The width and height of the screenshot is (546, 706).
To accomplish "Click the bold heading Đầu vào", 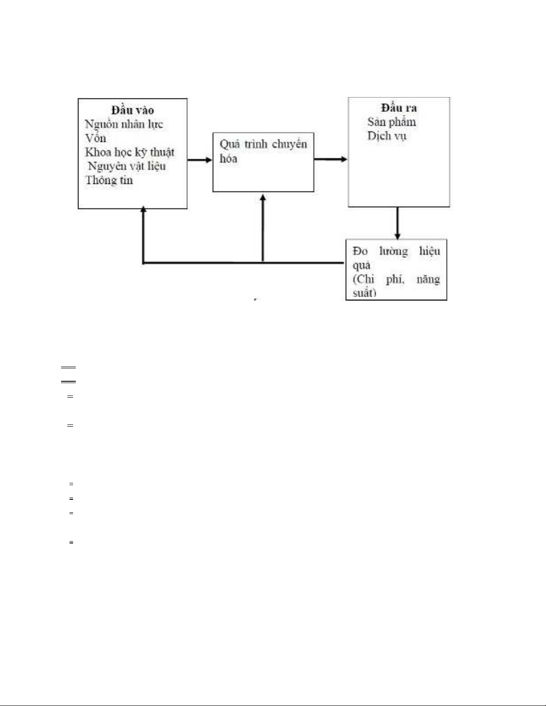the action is pyautogui.click(x=133, y=110).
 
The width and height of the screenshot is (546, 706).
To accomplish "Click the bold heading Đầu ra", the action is pyautogui.click(x=399, y=107).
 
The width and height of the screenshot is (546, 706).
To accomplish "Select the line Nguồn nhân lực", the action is pyautogui.click(x=124, y=124).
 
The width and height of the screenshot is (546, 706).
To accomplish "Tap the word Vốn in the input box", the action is pyautogui.click(x=95, y=138).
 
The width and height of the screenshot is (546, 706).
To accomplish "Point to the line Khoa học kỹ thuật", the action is pyautogui.click(x=130, y=152).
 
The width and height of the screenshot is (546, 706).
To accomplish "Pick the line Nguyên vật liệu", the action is pyautogui.click(x=127, y=166).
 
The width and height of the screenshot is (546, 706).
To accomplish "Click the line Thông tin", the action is pyautogui.click(x=109, y=180).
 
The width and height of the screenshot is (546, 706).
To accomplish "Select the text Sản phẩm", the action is pyautogui.click(x=392, y=122).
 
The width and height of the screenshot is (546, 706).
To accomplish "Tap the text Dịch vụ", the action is pyautogui.click(x=387, y=136).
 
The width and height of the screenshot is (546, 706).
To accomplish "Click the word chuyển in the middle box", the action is pyautogui.click(x=289, y=144).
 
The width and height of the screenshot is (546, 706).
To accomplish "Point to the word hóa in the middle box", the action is pyautogui.click(x=228, y=159).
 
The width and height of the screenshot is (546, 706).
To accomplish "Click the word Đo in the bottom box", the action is pyautogui.click(x=360, y=251).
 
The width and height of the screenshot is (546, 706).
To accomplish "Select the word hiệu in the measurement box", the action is pyautogui.click(x=430, y=251).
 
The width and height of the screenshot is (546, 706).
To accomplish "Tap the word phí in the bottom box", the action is pyautogui.click(x=395, y=279).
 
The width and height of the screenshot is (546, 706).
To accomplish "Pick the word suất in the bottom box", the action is pyautogui.click(x=365, y=293).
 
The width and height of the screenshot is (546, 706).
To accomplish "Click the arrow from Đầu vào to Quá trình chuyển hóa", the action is pyautogui.click(x=200, y=159).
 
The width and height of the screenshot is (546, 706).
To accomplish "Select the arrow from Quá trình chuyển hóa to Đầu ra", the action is pyautogui.click(x=331, y=159).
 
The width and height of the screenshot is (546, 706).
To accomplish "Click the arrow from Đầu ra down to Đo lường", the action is pyautogui.click(x=397, y=223).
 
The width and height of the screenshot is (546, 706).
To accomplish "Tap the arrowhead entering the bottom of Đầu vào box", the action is pyautogui.click(x=143, y=209).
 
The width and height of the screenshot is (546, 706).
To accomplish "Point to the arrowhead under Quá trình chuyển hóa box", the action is pyautogui.click(x=263, y=197).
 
